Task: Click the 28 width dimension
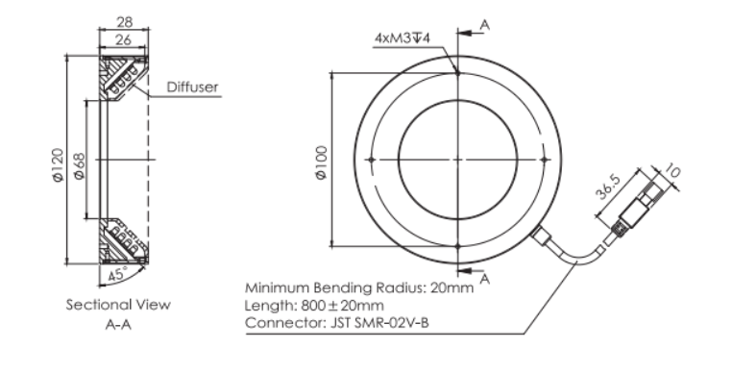click(x=124, y=21)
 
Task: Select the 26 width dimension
click(x=123, y=40)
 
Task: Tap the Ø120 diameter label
click(x=57, y=164)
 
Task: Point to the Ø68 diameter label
click(x=79, y=166)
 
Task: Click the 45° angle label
click(x=118, y=274)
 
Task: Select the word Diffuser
click(x=192, y=87)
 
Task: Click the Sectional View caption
click(x=118, y=305)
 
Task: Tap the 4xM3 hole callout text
click(x=402, y=37)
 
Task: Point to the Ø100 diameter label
click(x=322, y=162)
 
